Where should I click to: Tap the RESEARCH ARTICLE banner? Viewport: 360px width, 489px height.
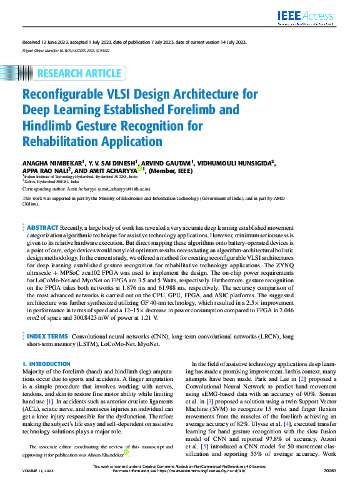click(x=79, y=74)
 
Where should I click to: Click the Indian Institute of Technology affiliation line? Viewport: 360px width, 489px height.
click(x=81, y=176)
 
